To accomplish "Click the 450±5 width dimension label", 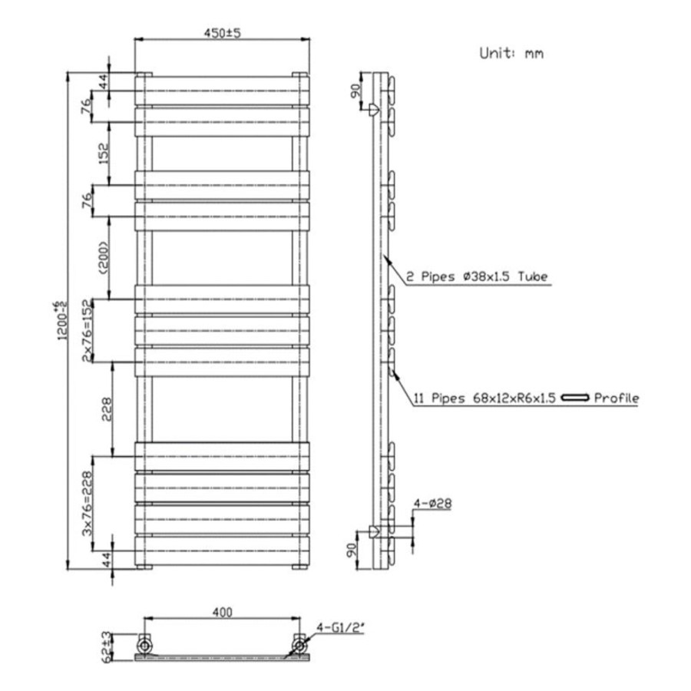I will [222, 33].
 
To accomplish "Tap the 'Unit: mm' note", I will [511, 54].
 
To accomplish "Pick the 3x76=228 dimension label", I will [88, 503].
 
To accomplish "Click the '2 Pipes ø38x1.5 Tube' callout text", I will [477, 276].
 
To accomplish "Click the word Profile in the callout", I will [617, 398].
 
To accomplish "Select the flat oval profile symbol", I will [576, 398].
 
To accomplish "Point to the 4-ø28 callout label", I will [432, 504].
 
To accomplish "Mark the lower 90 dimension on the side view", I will [355, 550].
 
